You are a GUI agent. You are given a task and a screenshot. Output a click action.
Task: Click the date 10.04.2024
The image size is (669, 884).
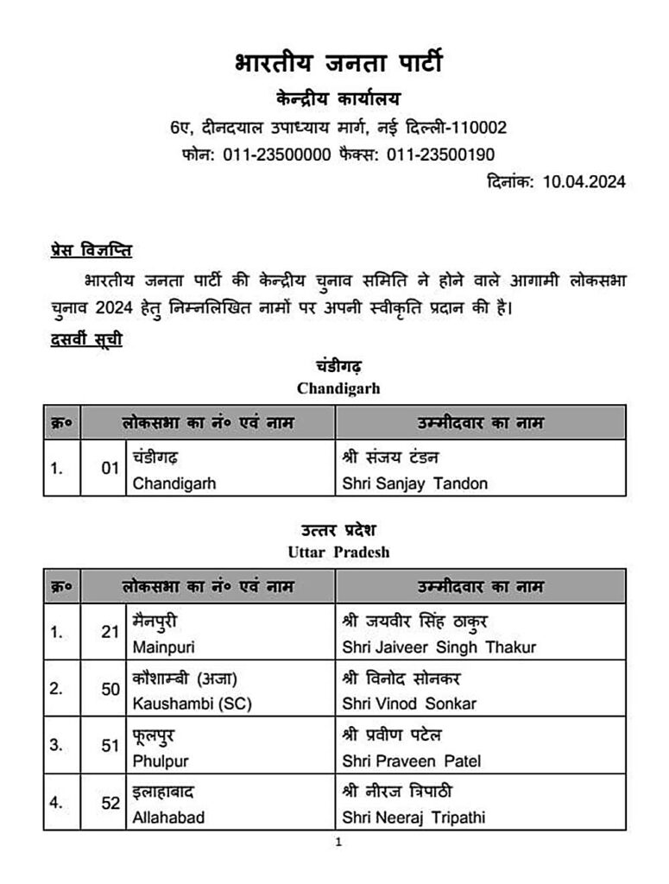tap(584, 181)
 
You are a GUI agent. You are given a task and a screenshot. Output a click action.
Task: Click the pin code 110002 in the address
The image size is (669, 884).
tap(477, 128)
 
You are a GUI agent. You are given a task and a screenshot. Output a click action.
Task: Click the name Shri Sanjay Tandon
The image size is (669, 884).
tap(415, 483)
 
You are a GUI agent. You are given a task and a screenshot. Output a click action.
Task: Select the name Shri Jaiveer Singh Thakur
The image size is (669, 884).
tap(439, 647)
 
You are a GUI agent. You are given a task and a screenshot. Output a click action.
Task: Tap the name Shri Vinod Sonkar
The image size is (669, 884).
tap(409, 704)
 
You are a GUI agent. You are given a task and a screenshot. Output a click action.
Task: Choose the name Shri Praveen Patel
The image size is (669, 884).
tap(412, 761)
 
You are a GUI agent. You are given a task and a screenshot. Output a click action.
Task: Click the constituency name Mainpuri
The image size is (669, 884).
tap(161, 647)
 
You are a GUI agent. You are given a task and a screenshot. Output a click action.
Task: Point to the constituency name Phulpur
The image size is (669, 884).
tap(161, 761)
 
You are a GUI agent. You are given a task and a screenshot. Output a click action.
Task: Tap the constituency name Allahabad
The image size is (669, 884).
tap(169, 817)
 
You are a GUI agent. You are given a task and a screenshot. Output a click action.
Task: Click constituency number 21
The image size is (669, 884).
tap(110, 632)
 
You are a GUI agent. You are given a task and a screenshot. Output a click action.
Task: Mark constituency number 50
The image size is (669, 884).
tap(110, 689)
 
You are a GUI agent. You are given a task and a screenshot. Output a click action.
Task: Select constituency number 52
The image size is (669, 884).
tap(110, 803)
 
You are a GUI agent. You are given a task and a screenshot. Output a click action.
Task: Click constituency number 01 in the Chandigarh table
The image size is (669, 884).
tap(110, 469)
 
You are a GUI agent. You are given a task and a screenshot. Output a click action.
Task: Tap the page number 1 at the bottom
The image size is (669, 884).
tap(338, 843)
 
